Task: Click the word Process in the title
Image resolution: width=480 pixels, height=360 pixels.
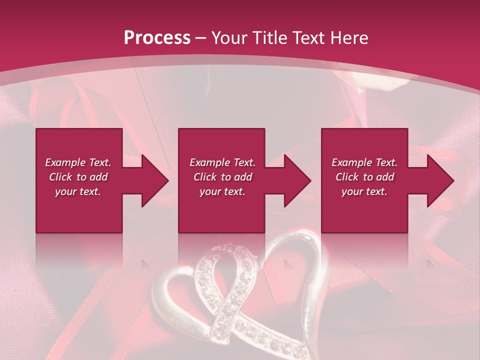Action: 157,38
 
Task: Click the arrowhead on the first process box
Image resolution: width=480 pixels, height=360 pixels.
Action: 155,180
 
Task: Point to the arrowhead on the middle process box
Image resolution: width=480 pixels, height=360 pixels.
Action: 297,180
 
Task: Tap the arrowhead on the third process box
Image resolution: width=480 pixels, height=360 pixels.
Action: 440,180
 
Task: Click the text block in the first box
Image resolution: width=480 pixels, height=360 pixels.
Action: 78,177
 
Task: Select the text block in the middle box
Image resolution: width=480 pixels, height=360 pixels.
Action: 222,177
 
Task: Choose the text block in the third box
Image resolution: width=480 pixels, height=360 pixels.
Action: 364,177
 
